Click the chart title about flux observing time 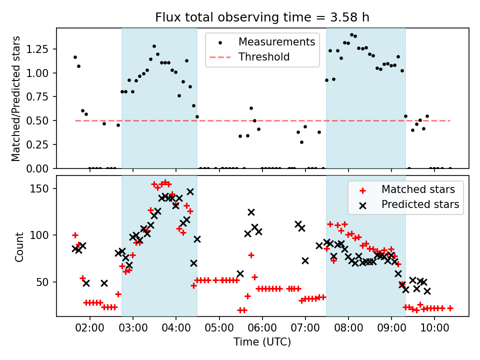tap(262, 17)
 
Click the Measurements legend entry tap(276, 41)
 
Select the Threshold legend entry tap(264, 57)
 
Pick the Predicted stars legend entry tap(420, 204)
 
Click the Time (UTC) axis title tap(262, 342)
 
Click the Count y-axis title tap(19, 246)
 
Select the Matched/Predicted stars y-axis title tap(16, 98)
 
